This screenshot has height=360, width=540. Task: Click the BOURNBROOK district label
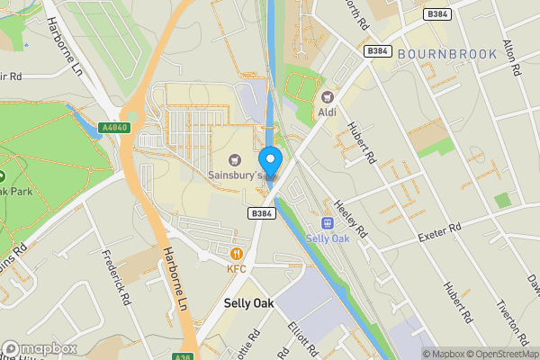(447, 55)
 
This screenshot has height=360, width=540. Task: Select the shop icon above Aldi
(326, 96)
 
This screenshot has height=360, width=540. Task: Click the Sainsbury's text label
(235, 175)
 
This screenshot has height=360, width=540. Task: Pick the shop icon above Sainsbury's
(236, 159)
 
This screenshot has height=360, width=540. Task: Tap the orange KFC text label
(237, 268)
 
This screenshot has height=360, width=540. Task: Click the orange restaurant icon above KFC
(237, 254)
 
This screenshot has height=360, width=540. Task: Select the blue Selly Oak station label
(328, 238)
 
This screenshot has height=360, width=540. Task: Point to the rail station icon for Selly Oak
(328, 223)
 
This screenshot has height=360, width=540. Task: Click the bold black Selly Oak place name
(248, 304)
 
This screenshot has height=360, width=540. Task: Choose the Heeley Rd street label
(351, 219)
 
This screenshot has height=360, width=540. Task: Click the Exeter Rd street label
(440, 232)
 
